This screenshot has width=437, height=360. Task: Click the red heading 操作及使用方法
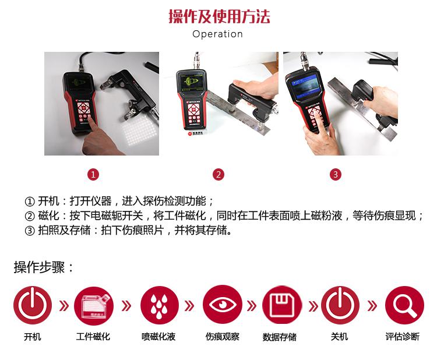219,16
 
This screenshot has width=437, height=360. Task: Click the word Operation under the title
218,34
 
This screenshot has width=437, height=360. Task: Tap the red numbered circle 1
93,175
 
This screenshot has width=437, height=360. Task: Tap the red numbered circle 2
218,175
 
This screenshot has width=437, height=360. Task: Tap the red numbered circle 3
336,175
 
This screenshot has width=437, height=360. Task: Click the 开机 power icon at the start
33,305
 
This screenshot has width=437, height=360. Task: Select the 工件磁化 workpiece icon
94,306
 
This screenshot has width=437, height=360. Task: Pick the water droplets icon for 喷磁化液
159,305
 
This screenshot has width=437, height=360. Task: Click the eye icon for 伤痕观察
223,305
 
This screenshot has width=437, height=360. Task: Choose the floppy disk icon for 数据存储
282,305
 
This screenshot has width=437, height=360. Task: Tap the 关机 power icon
340,305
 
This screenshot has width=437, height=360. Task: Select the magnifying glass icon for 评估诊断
404,306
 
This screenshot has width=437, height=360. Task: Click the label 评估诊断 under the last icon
403,337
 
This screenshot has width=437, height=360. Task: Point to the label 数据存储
280,337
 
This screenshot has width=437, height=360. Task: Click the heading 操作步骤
39,267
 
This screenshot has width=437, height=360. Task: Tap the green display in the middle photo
192,82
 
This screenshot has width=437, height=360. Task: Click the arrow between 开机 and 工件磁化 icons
64,306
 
